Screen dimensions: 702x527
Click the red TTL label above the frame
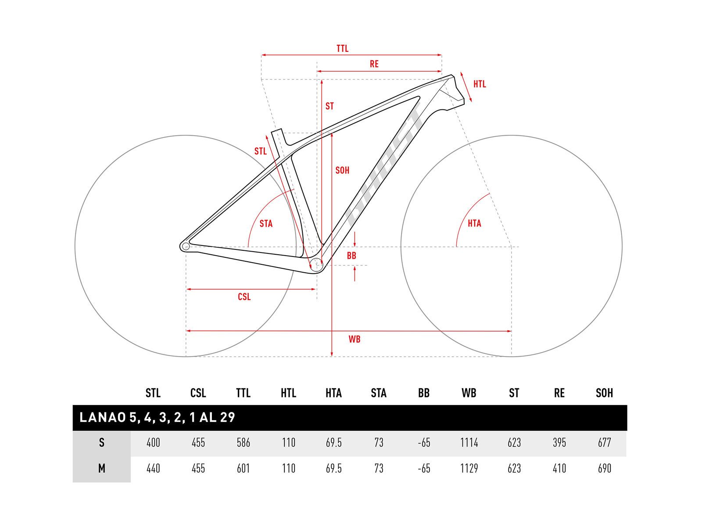(x=342, y=49)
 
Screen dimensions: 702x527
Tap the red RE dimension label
(x=374, y=64)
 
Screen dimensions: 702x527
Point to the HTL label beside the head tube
(x=480, y=84)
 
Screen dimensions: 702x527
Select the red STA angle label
(x=266, y=224)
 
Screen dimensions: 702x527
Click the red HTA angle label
(x=474, y=224)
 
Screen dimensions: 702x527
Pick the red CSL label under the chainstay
(x=244, y=297)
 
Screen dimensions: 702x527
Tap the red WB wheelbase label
(x=355, y=339)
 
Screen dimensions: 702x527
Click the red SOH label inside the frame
(x=342, y=170)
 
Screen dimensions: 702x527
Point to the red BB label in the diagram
(x=351, y=256)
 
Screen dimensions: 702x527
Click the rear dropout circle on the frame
(x=186, y=246)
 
